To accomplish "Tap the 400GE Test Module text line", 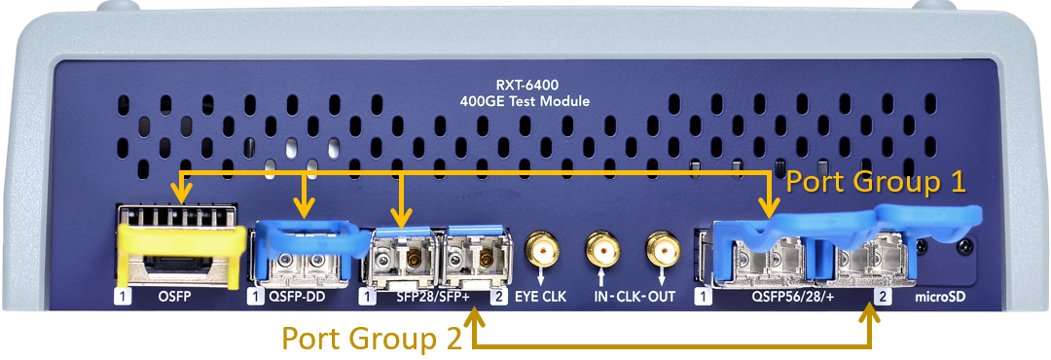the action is coord(525,102).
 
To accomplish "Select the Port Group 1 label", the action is coord(876,182).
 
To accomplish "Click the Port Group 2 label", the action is coord(372,339).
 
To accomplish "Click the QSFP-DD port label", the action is coord(297,297).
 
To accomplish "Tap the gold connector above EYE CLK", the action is coord(542,250).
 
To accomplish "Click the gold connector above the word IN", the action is coord(601,250).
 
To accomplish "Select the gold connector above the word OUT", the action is coord(662,250).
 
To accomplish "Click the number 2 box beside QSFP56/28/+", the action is coord(883,297).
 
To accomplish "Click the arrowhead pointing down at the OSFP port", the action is coord(180,193).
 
